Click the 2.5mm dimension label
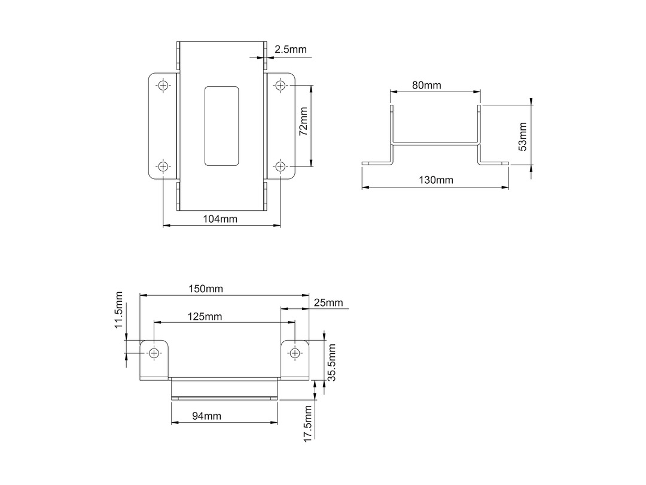(x=291, y=50)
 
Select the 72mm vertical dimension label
(x=303, y=121)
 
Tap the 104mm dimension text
(x=220, y=219)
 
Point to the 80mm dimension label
(x=426, y=86)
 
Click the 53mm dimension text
(x=522, y=137)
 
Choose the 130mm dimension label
(x=436, y=180)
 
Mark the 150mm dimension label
(x=206, y=289)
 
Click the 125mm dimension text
(x=205, y=317)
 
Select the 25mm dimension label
(x=328, y=303)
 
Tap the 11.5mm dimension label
(x=119, y=310)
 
